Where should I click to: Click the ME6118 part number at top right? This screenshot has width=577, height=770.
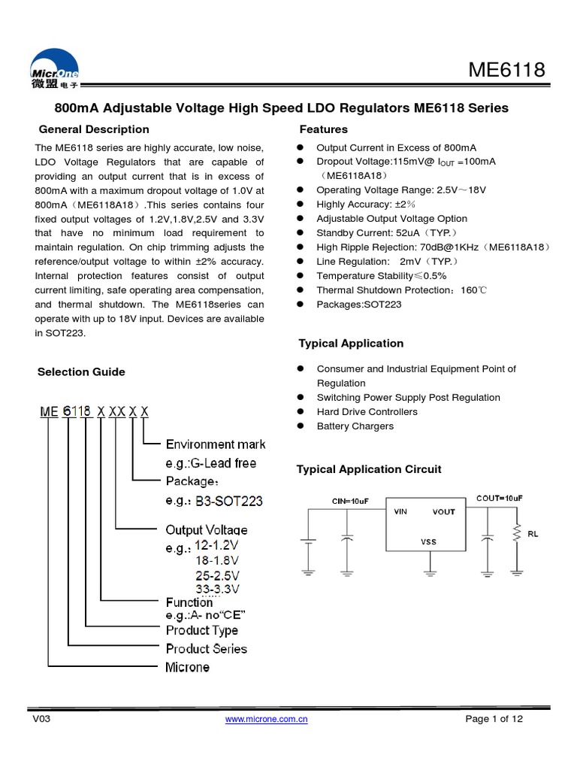(x=506, y=71)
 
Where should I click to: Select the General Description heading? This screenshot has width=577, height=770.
(x=94, y=129)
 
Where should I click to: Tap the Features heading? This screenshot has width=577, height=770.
(x=323, y=129)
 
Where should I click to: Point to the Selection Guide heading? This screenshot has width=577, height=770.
(x=81, y=372)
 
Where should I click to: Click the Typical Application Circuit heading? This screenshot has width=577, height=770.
(x=369, y=469)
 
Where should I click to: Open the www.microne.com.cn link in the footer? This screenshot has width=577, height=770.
(x=267, y=720)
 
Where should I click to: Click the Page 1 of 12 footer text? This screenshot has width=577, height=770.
(x=494, y=719)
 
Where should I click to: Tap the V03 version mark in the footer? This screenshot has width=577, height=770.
(x=41, y=719)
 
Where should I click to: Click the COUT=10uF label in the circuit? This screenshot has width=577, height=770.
(x=500, y=498)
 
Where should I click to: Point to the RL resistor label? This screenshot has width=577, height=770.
(x=533, y=534)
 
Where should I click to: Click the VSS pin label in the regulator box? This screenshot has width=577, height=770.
(x=427, y=541)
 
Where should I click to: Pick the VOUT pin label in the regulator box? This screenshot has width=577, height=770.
(x=443, y=512)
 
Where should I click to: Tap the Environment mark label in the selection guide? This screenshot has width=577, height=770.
(x=216, y=444)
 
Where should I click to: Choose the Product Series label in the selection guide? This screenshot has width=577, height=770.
(x=206, y=648)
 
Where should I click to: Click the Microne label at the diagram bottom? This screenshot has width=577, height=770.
(x=187, y=667)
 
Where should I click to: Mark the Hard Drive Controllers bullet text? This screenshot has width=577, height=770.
(x=367, y=412)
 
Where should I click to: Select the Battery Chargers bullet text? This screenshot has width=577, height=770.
(x=355, y=426)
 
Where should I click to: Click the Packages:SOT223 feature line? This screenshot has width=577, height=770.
(x=359, y=305)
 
